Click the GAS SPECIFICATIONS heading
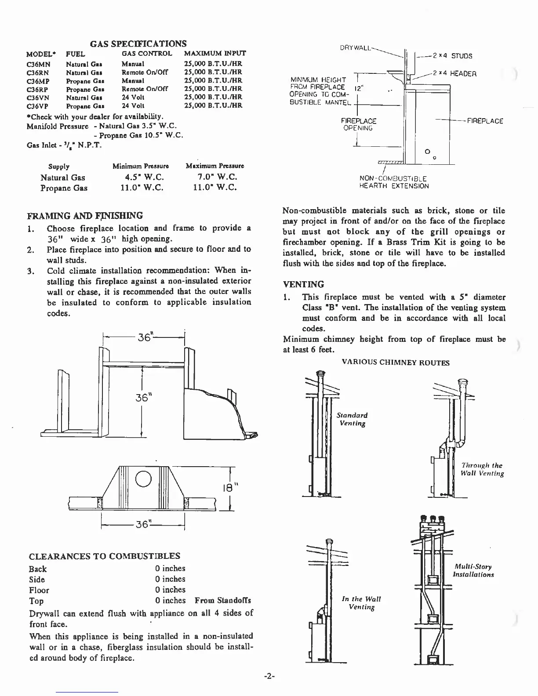pos(138,43)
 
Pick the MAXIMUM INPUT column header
pos(215,54)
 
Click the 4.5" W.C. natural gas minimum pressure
pos(138,178)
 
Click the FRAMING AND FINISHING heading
pos(85,216)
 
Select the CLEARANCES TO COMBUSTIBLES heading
pos(105,556)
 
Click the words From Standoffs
pos(223,601)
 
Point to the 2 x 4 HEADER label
pos(454,74)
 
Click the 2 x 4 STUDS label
pos(452,56)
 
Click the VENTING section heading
pos(304,284)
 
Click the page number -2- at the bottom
pos(269,677)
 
